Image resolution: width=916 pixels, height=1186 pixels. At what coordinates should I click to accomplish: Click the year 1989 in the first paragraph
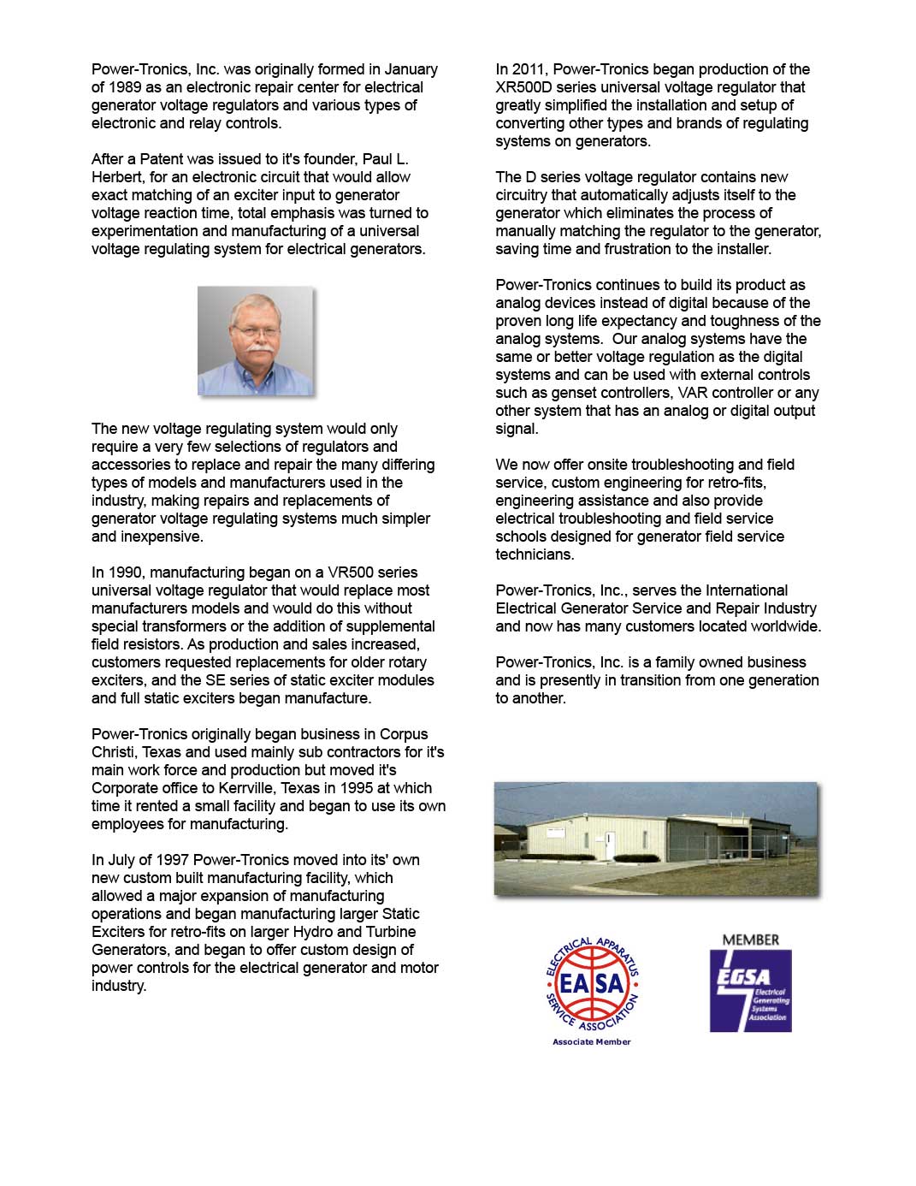pos(127,87)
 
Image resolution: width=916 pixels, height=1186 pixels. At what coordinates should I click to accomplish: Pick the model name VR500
pos(351,572)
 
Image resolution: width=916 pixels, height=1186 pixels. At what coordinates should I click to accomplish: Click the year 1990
pos(126,572)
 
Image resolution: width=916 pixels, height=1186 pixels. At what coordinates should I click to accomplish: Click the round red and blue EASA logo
pos(592,984)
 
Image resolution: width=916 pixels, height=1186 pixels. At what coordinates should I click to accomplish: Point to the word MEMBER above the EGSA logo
pos(750,940)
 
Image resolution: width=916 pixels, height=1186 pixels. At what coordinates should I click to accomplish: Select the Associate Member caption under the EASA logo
pos(592,1041)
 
